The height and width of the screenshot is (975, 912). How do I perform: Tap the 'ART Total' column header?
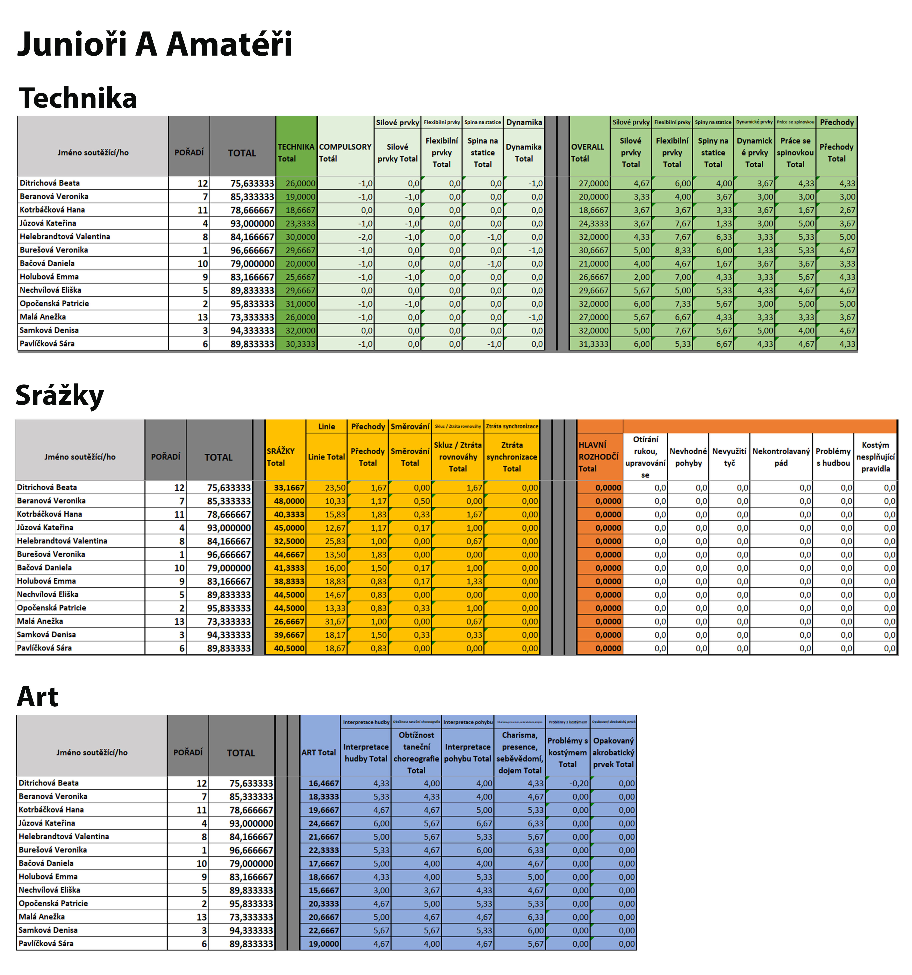(319, 752)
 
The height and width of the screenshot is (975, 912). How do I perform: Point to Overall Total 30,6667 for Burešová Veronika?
(593, 250)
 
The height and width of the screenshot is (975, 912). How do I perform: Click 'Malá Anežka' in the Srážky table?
(40, 621)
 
